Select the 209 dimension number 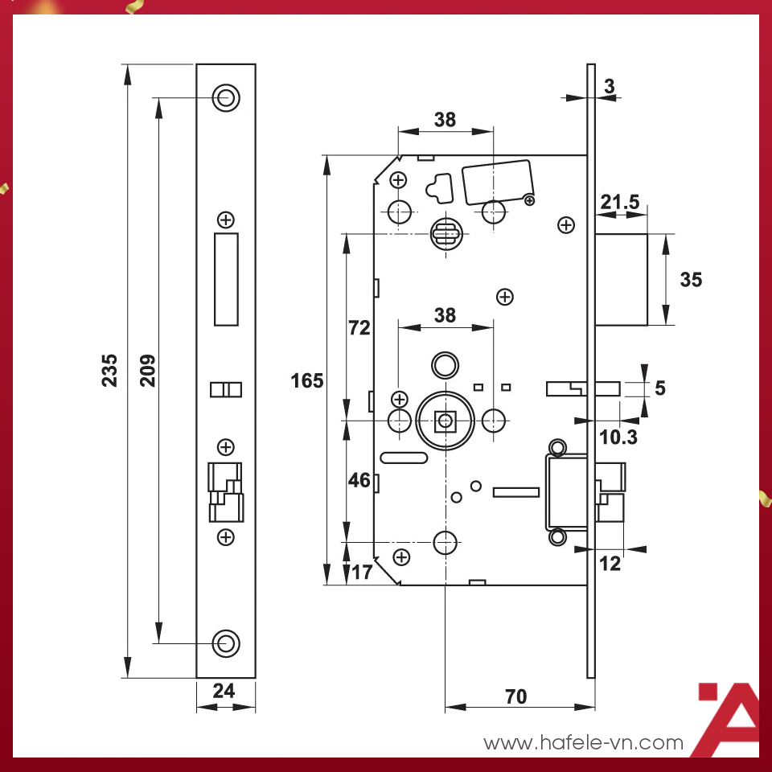148,370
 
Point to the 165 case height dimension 307,380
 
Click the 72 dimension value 359,327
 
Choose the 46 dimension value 359,481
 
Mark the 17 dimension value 362,573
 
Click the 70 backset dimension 515,696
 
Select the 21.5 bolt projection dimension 619,203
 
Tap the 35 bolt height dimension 690,280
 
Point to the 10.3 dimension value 618,437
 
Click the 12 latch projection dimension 610,564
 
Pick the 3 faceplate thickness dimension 609,85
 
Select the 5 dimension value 660,388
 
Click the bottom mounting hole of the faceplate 226,643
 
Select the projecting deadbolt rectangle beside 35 621,280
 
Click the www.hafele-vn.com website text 583,743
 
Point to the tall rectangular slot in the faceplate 226,279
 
